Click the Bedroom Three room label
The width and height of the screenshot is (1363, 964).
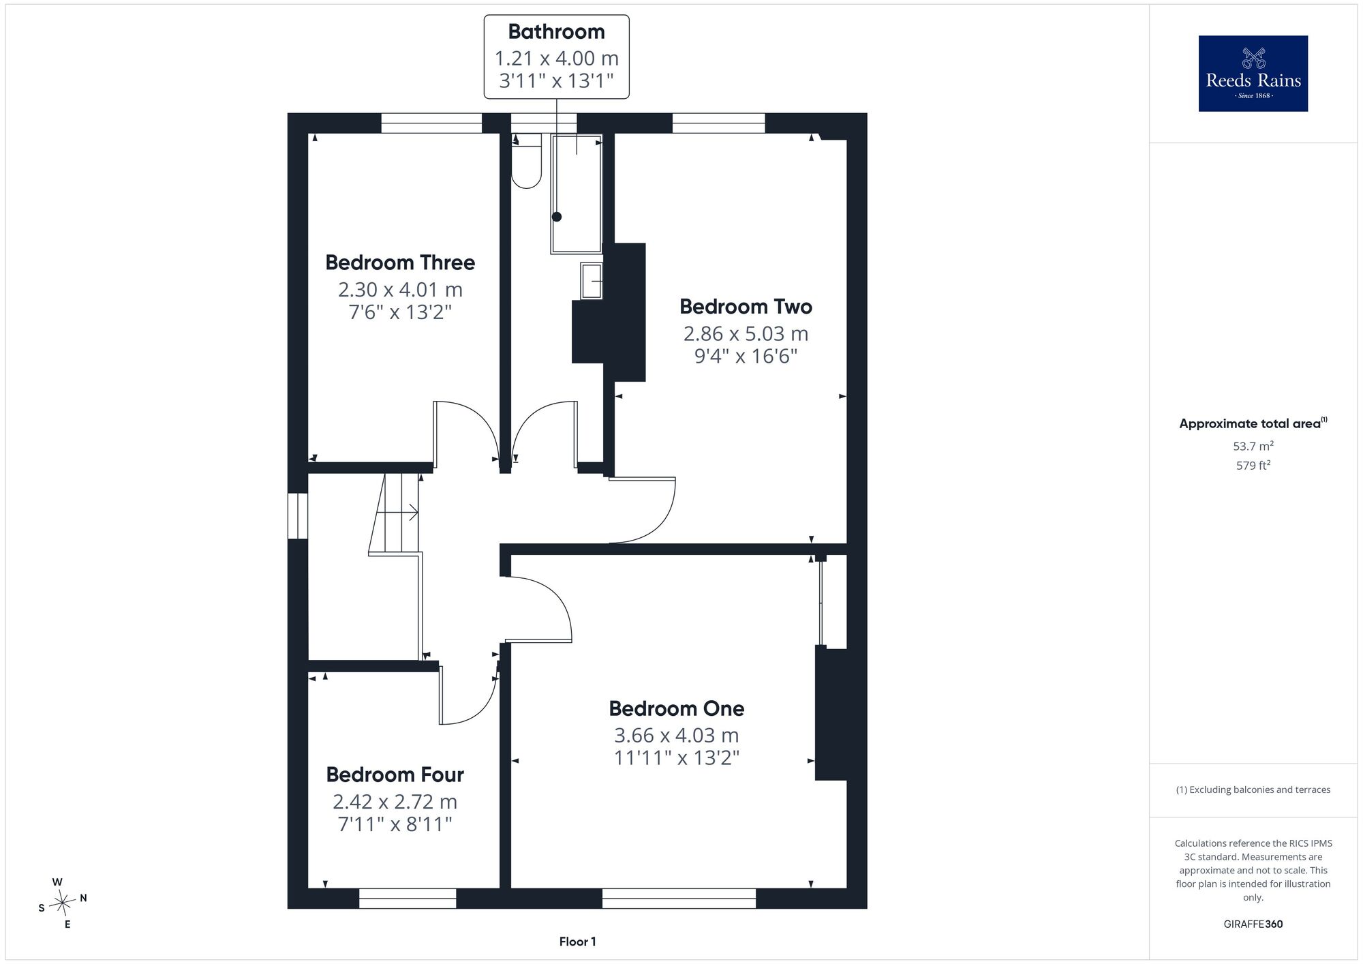click(400, 262)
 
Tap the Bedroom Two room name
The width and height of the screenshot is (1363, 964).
click(746, 307)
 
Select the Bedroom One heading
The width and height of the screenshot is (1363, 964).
click(677, 709)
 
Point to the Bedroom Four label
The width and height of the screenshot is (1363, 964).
click(395, 775)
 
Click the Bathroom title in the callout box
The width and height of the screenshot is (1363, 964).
click(557, 31)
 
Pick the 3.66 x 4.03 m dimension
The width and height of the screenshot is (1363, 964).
click(677, 736)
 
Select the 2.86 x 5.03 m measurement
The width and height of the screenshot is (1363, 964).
click(746, 334)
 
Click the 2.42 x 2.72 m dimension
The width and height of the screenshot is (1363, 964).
click(395, 802)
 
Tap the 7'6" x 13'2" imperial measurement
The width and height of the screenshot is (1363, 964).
click(401, 312)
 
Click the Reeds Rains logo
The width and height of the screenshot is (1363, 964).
click(1253, 74)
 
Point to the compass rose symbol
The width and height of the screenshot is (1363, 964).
click(63, 904)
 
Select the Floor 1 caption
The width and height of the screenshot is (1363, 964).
click(578, 942)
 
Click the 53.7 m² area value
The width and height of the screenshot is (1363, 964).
click(1253, 447)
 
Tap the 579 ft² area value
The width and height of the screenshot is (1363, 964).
click(1253, 466)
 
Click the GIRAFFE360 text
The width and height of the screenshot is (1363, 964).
click(1253, 924)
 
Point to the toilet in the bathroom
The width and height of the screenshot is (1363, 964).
click(526, 161)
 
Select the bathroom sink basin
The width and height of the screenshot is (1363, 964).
click(592, 281)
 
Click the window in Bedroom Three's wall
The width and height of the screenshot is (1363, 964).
click(431, 123)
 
